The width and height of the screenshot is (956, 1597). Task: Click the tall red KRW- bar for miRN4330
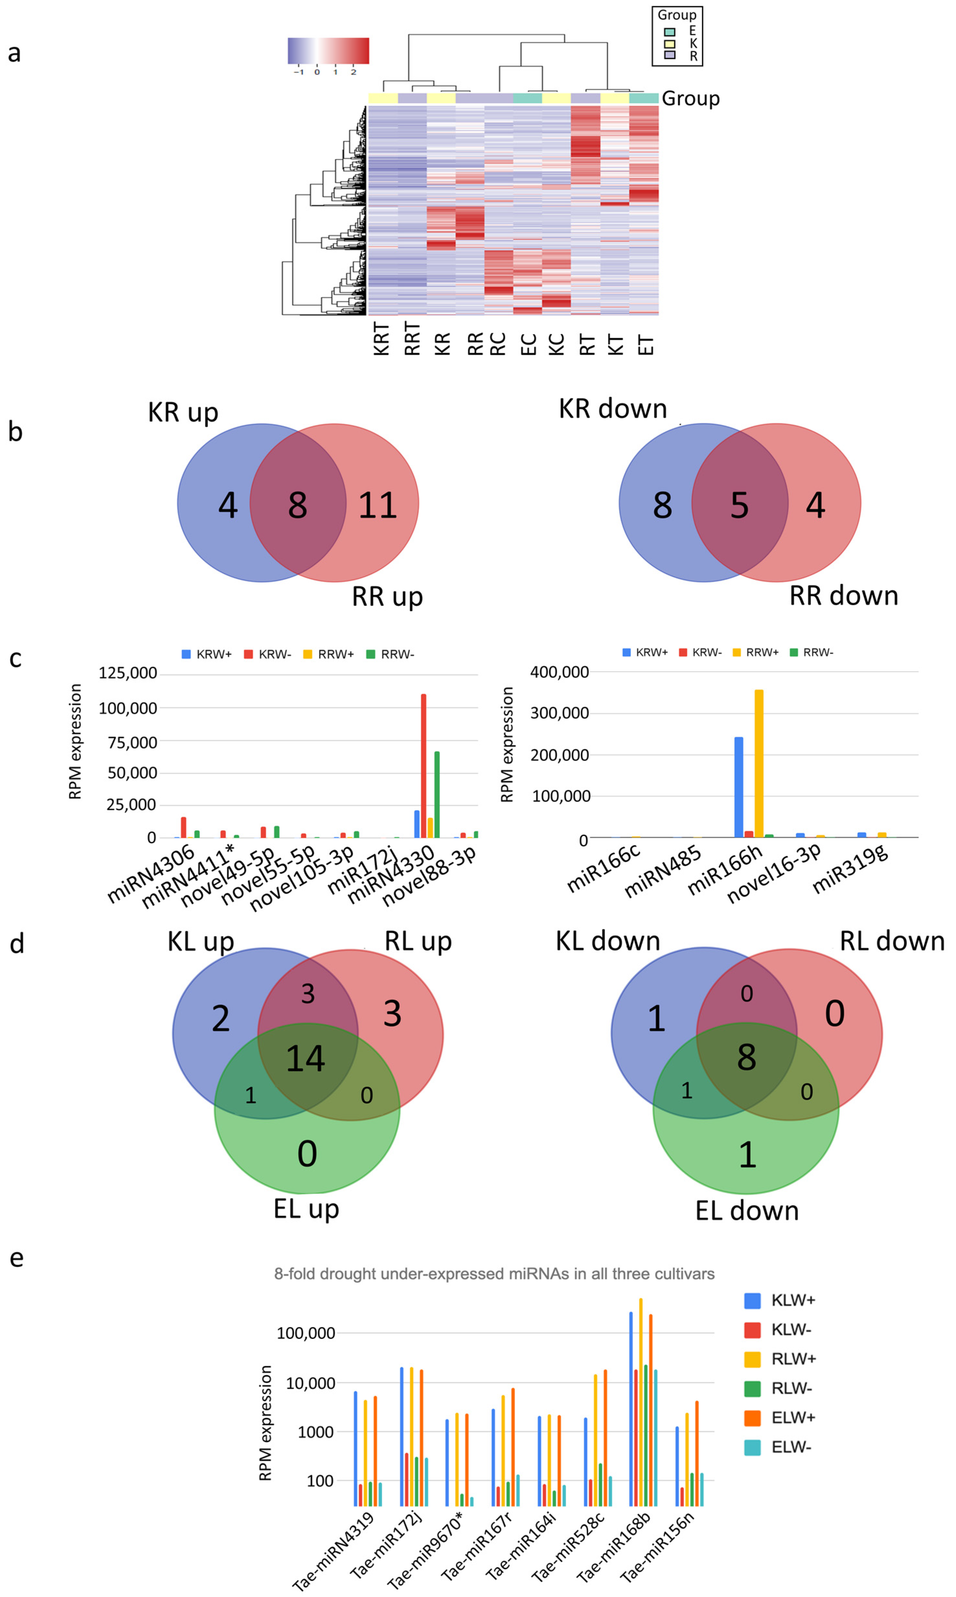point(423,766)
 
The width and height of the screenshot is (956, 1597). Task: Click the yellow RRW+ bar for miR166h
point(759,763)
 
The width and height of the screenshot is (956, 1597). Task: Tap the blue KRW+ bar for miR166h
point(738,787)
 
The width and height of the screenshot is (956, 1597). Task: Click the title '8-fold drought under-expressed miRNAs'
point(494,1274)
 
